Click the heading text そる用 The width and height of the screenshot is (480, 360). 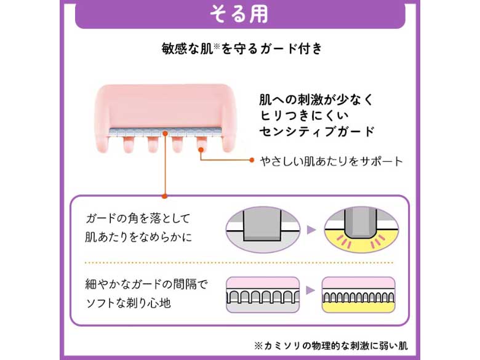click(x=239, y=14)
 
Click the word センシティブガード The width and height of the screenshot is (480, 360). click(x=318, y=131)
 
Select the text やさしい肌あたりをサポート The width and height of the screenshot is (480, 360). click(x=330, y=161)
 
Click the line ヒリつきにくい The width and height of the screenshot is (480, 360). click(x=295, y=115)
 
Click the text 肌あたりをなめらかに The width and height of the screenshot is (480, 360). click(x=140, y=236)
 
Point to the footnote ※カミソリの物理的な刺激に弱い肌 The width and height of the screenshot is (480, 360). click(x=330, y=345)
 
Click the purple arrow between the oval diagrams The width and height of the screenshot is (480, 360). click(x=311, y=229)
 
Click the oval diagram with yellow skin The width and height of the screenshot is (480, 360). click(x=361, y=229)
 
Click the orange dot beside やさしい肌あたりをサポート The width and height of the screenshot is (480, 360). click(x=252, y=161)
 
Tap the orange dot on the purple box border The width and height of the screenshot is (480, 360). click(x=164, y=196)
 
